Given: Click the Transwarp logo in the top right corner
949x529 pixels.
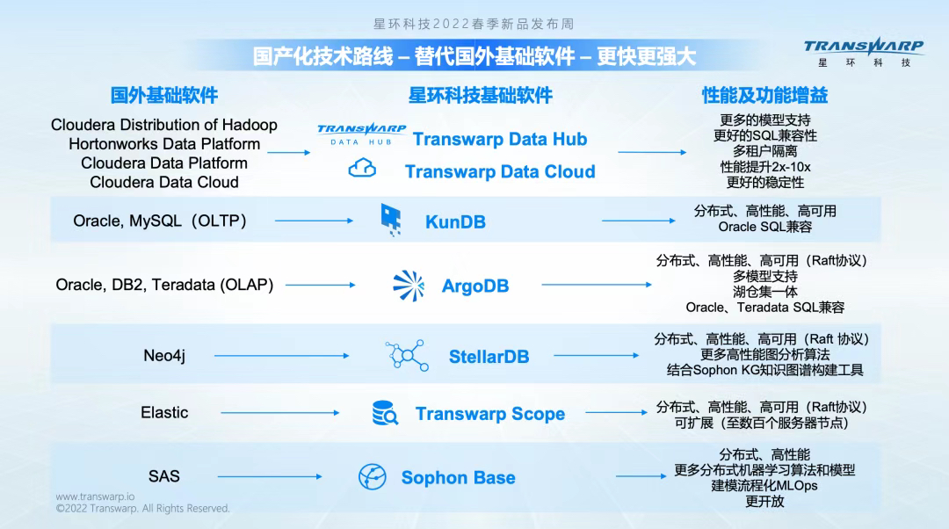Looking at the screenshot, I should click(863, 52).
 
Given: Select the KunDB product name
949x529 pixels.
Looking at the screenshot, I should click(455, 221).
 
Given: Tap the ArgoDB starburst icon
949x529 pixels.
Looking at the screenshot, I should click(408, 286).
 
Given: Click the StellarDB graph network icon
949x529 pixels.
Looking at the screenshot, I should click(406, 356).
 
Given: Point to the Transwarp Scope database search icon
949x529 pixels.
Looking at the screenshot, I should click(385, 413).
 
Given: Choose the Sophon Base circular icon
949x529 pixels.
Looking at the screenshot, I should click(373, 477).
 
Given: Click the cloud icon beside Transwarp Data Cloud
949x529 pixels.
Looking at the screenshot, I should click(362, 169).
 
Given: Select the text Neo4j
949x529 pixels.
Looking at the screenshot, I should click(164, 356).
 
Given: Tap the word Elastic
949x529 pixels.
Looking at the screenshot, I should click(164, 412).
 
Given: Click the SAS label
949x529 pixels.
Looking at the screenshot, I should click(163, 476).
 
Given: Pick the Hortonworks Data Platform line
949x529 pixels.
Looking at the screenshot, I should click(164, 144).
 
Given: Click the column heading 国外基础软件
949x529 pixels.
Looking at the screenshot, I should click(164, 95).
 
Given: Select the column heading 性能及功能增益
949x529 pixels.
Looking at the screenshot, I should click(764, 95).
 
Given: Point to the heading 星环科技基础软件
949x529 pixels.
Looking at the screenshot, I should click(481, 95).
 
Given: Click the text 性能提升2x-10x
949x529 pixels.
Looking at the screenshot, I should click(764, 167).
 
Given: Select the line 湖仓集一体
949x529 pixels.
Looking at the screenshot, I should click(764, 292).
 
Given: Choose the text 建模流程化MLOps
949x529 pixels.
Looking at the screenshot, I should click(764, 486).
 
